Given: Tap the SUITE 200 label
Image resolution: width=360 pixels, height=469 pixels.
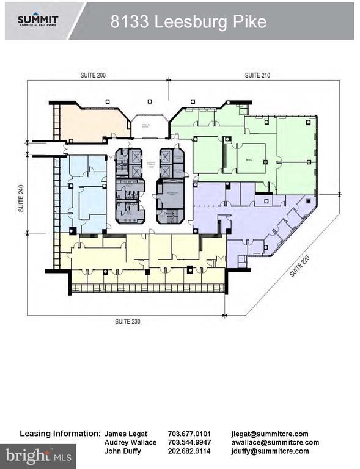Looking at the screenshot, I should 93,75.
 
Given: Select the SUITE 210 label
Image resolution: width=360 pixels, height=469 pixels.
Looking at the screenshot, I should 257,75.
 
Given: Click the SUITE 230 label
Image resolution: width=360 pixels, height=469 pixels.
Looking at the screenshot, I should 128,321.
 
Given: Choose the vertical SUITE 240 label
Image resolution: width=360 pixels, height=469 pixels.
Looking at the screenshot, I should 21,199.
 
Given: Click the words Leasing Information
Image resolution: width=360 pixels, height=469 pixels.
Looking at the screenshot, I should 59,433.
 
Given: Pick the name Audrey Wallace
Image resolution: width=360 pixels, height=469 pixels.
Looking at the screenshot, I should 131,442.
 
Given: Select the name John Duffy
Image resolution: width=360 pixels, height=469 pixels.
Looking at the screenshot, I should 123,451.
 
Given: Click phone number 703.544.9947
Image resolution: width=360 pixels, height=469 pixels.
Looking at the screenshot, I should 189,442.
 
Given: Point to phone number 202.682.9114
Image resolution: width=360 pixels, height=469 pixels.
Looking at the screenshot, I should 189,451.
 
